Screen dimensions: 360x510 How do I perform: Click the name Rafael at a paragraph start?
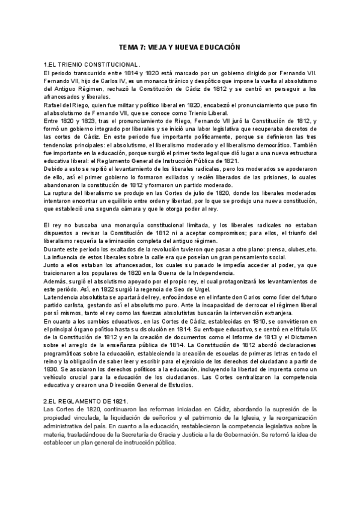point(53,105)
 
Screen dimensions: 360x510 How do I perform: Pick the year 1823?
point(84,121)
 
